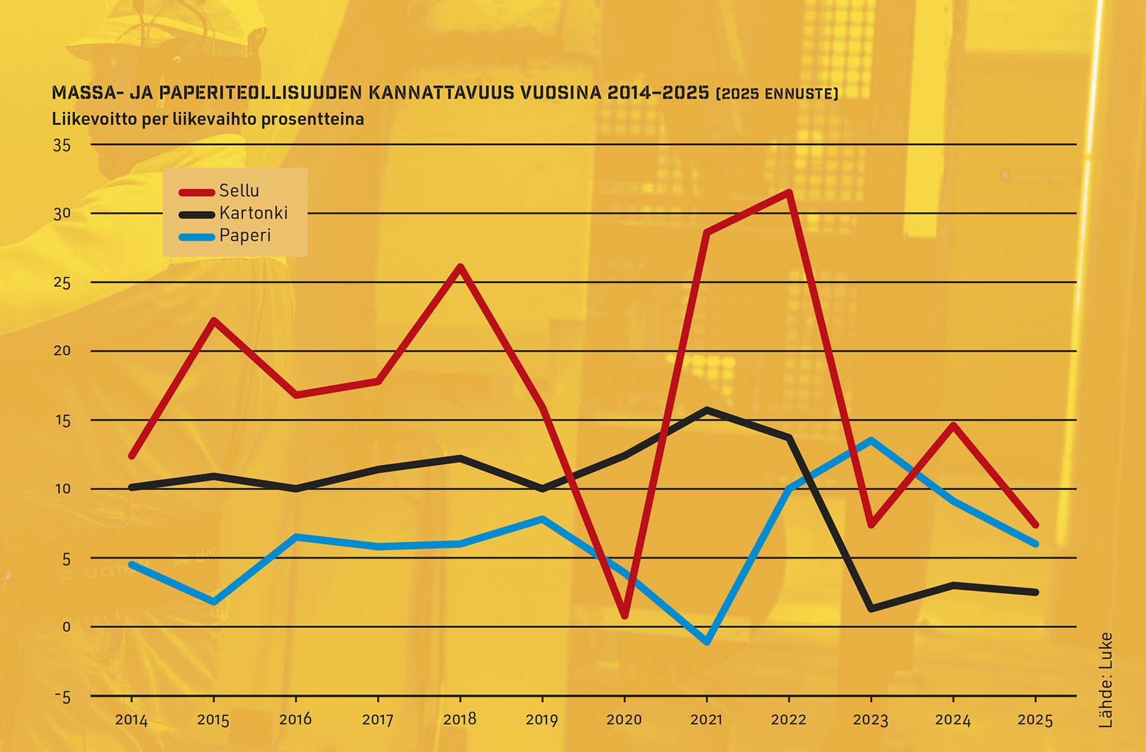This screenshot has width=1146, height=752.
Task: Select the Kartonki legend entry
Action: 253,213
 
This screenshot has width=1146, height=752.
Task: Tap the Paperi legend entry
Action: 244,235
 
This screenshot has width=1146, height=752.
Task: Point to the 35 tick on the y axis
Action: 62,146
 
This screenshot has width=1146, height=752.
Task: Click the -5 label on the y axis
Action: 62,697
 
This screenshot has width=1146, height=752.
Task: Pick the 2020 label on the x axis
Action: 624,720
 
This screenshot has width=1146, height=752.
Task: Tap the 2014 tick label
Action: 131,720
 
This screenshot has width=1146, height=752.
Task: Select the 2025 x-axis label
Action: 1035,720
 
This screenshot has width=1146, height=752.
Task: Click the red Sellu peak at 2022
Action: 789,192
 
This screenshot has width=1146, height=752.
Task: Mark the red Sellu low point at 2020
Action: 625,615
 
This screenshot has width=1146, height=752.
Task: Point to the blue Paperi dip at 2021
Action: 707,641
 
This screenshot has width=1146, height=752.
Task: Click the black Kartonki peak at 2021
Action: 707,410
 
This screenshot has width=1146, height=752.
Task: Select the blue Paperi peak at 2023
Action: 870,440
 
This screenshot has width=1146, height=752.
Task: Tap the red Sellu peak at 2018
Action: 460,267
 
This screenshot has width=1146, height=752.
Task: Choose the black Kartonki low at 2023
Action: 870,609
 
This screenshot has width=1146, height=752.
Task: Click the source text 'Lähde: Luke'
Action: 1105,679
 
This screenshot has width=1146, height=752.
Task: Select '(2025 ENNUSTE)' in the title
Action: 777,94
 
